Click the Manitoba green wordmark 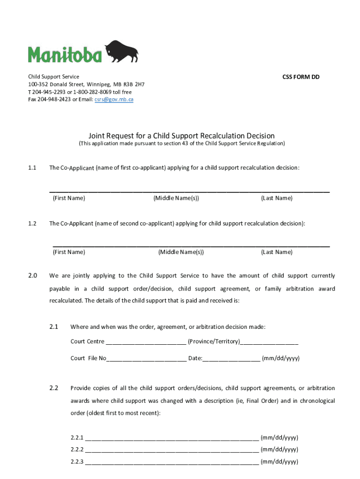click(x=65, y=54)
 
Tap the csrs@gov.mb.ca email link click(x=114, y=100)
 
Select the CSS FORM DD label click(x=301, y=77)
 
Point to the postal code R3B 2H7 click(x=134, y=85)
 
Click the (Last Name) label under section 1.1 click(x=277, y=198)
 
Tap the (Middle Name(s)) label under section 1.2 click(x=181, y=252)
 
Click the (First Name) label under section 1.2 click(x=69, y=252)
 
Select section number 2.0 click(x=32, y=276)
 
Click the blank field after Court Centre click(x=146, y=342)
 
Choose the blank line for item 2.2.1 click(x=172, y=438)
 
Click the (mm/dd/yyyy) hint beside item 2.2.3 click(x=280, y=462)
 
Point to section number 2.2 click(x=53, y=388)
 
